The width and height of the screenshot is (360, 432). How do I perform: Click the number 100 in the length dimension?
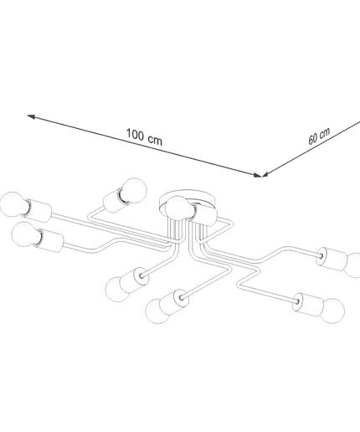tap(136, 134)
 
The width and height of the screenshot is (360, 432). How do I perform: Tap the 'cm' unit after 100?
tap(155, 140)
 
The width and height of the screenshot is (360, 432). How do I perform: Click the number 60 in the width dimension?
tap(313, 138)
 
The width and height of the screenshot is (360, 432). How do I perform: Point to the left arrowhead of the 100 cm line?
tap(31, 116)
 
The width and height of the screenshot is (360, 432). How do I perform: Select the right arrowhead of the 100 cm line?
tap(257, 175)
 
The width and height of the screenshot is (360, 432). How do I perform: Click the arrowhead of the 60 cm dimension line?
tap(265, 174)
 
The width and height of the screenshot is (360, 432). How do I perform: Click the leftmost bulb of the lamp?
tap(13, 204)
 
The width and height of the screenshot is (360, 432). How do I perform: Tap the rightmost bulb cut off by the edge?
tap(353, 265)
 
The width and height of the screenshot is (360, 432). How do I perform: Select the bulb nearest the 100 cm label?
tap(134, 190)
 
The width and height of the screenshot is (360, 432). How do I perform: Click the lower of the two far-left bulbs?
tap(26, 234)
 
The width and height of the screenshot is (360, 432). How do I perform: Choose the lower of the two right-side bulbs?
tap(332, 311)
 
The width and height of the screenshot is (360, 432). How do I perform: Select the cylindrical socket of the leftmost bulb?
tap(39, 211)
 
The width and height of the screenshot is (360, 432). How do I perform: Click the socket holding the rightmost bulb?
tap(332, 259)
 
